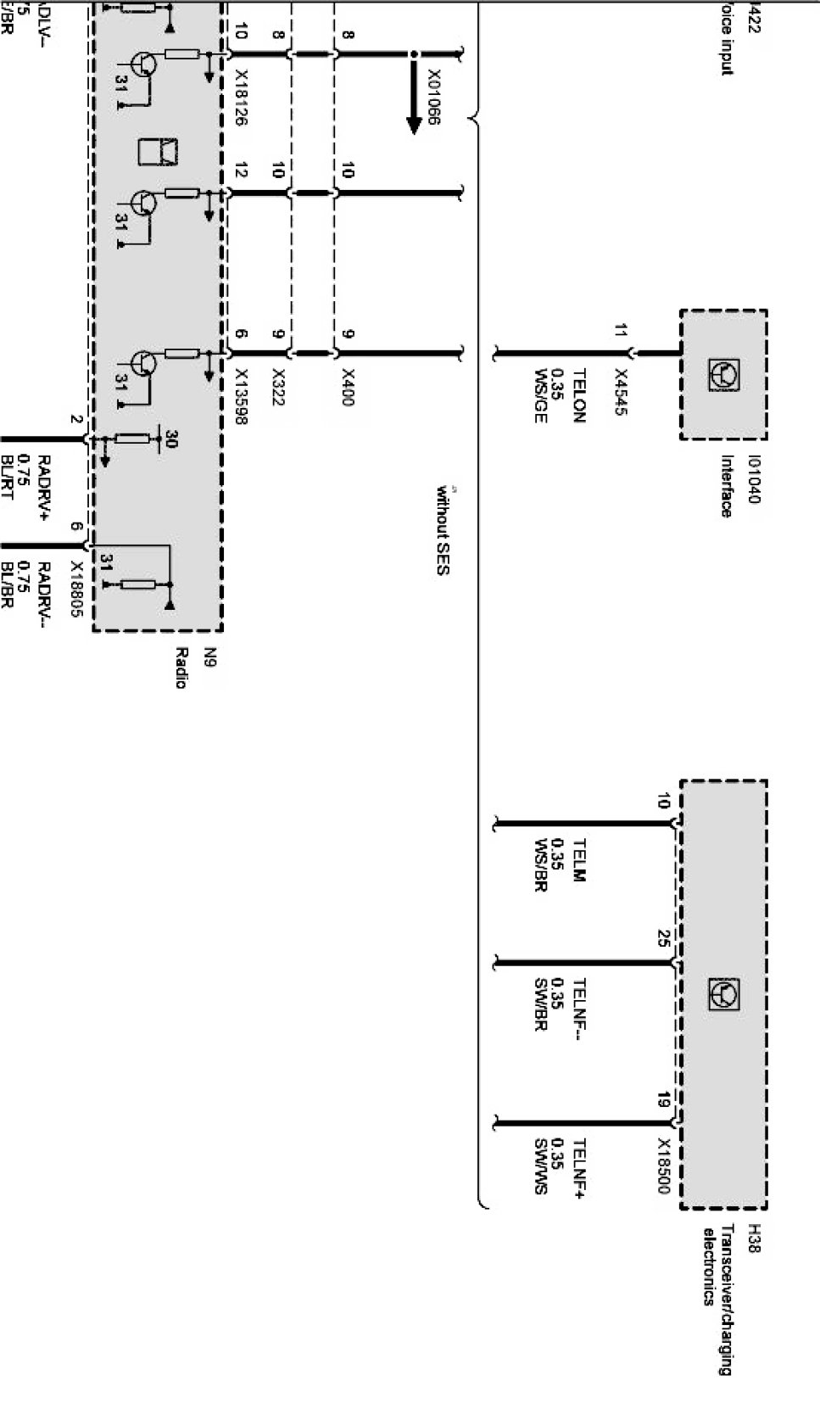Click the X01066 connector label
click(x=432, y=97)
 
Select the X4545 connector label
click(x=621, y=393)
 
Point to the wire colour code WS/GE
click(x=540, y=395)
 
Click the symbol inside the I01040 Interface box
click(x=723, y=374)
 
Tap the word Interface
click(x=727, y=486)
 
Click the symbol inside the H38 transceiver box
click(x=723, y=993)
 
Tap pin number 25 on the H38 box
click(x=663, y=938)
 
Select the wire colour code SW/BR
click(x=540, y=1005)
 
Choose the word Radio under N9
click(x=180, y=668)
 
